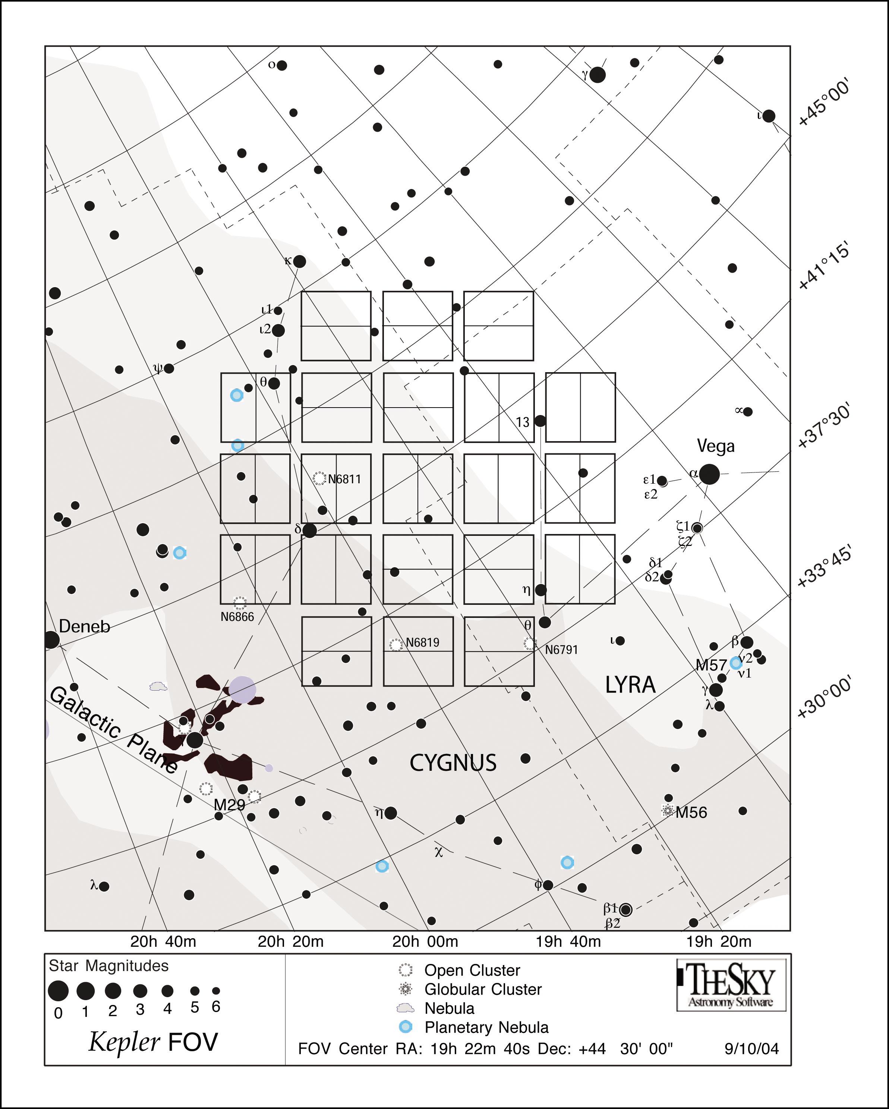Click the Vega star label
[x=715, y=446]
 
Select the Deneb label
[x=84, y=626]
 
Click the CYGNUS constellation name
[x=453, y=762]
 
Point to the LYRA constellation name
[x=630, y=685]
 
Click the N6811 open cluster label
[x=344, y=480]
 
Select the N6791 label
[x=561, y=650]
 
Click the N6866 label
[x=237, y=617]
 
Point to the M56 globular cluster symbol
[x=667, y=811]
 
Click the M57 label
[x=711, y=665]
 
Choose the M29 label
[x=229, y=804]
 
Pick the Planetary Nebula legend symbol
[x=406, y=1027]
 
